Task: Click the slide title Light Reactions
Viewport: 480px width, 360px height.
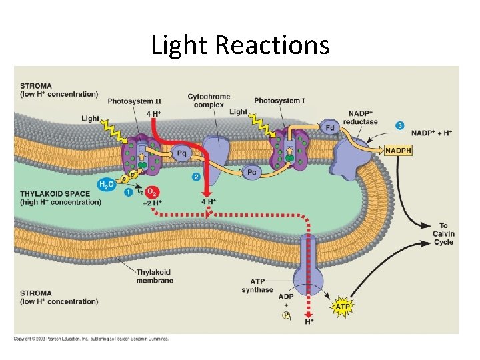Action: pos(240,45)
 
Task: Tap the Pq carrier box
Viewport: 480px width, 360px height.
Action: pos(181,153)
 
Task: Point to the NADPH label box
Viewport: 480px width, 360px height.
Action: pos(399,151)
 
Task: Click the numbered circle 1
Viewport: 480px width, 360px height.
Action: pos(127,193)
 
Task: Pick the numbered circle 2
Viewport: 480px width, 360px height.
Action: pos(196,177)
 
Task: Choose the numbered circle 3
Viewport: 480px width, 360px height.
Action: pos(399,125)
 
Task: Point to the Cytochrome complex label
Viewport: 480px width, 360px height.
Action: pos(209,101)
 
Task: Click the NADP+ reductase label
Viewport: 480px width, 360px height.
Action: pos(360,117)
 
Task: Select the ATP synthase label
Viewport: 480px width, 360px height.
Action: pos(257,285)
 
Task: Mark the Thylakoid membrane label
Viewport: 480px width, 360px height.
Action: pos(155,276)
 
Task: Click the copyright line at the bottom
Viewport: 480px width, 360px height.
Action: pos(91,339)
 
